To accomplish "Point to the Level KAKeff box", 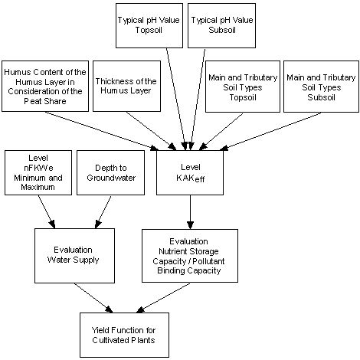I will click(x=188, y=169).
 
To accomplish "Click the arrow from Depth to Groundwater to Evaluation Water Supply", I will click(x=100, y=213).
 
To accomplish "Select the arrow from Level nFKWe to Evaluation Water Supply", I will click(x=44, y=213).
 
